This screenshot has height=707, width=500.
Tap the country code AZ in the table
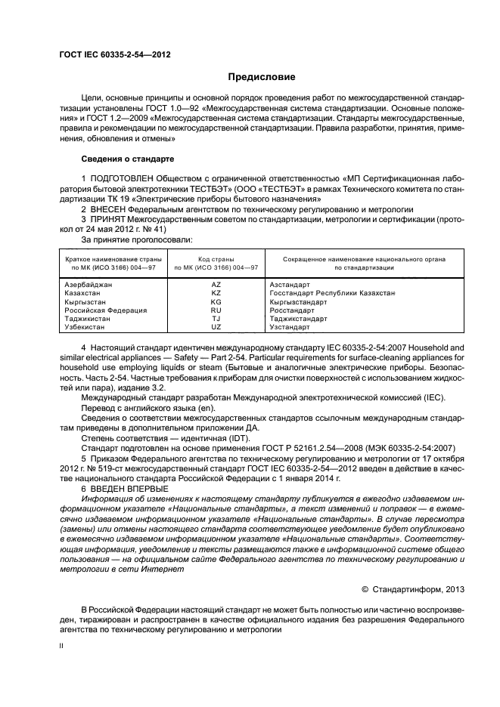pyautogui.click(x=216, y=284)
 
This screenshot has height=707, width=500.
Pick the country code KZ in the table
pyautogui.click(x=216, y=292)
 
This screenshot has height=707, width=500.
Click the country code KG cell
pyautogui.click(x=216, y=301)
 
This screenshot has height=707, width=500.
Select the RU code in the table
pyautogui.click(x=216, y=310)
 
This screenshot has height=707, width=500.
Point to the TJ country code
pyautogui.click(x=216, y=319)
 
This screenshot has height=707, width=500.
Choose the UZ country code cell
pyautogui.click(x=216, y=327)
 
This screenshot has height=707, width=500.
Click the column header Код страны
pyautogui.click(x=216, y=259)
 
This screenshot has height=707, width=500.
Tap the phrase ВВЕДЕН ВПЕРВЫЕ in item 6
pyautogui.click(x=128, y=489)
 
